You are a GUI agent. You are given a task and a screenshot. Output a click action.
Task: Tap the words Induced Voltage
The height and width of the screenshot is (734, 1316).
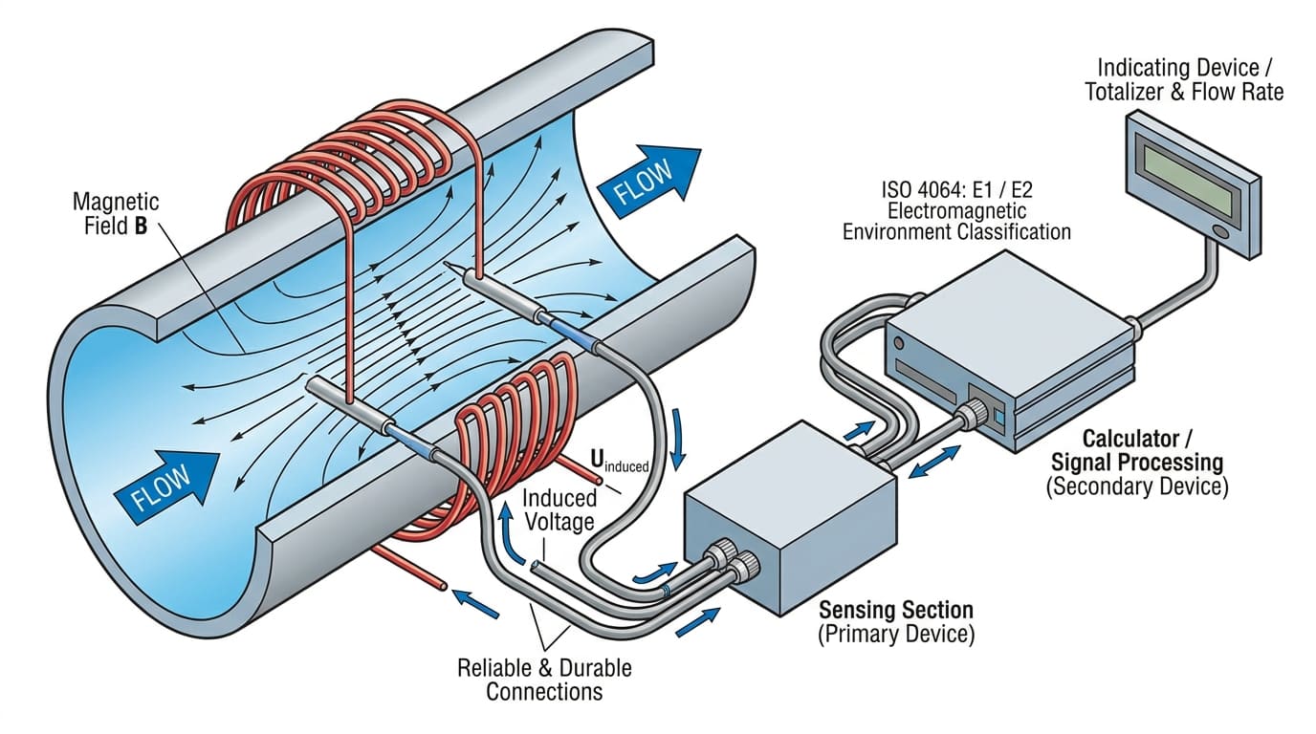[559, 509]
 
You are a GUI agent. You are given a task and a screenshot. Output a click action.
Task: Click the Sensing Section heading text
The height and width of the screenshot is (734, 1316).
[895, 610]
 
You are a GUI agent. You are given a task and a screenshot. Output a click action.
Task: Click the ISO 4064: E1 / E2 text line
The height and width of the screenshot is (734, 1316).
[956, 190]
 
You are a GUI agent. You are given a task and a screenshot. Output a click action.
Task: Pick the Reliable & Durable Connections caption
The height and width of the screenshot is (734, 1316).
[544, 679]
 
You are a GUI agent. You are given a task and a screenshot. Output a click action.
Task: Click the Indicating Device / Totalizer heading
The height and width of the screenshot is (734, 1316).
[1190, 79]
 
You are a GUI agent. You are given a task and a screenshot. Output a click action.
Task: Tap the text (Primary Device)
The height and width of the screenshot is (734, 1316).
[895, 635]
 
